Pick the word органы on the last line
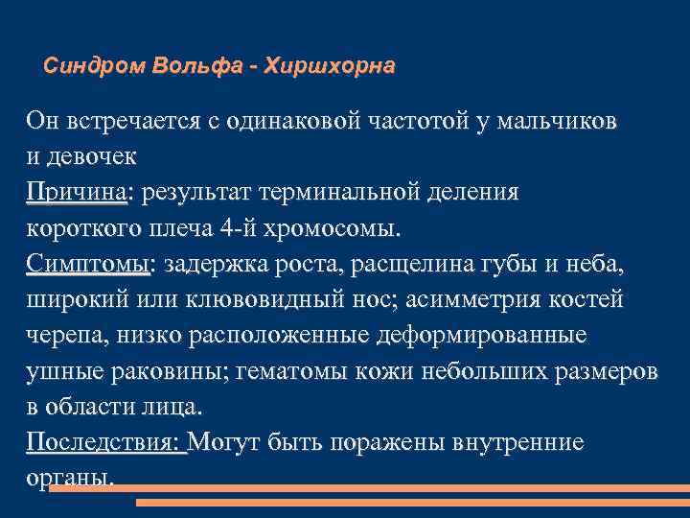point(71,478)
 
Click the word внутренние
point(531,442)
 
